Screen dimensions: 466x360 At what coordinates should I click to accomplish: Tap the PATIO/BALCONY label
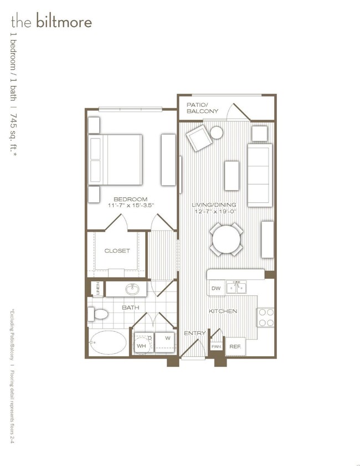[203, 107]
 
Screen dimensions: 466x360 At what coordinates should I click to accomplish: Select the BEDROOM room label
[131, 199]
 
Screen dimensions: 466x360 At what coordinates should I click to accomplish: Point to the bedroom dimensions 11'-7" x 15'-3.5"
[131, 206]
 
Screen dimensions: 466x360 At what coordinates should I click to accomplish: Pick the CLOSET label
[117, 251]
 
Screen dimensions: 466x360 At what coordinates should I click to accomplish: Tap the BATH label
[131, 307]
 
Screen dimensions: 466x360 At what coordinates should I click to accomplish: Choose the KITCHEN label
[223, 311]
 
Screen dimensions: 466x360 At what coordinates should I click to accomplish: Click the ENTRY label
[195, 333]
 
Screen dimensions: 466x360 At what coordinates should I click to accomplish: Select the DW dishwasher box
[216, 288]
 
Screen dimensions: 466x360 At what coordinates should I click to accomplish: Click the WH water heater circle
[142, 344]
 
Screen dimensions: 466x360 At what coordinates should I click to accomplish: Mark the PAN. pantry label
[216, 346]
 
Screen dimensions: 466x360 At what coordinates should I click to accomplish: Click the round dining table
[227, 239]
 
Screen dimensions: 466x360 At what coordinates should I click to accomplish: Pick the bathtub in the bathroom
[109, 342]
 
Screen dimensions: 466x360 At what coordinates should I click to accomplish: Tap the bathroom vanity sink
[132, 289]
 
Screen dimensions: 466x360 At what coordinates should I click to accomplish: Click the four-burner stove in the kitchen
[266, 316]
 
